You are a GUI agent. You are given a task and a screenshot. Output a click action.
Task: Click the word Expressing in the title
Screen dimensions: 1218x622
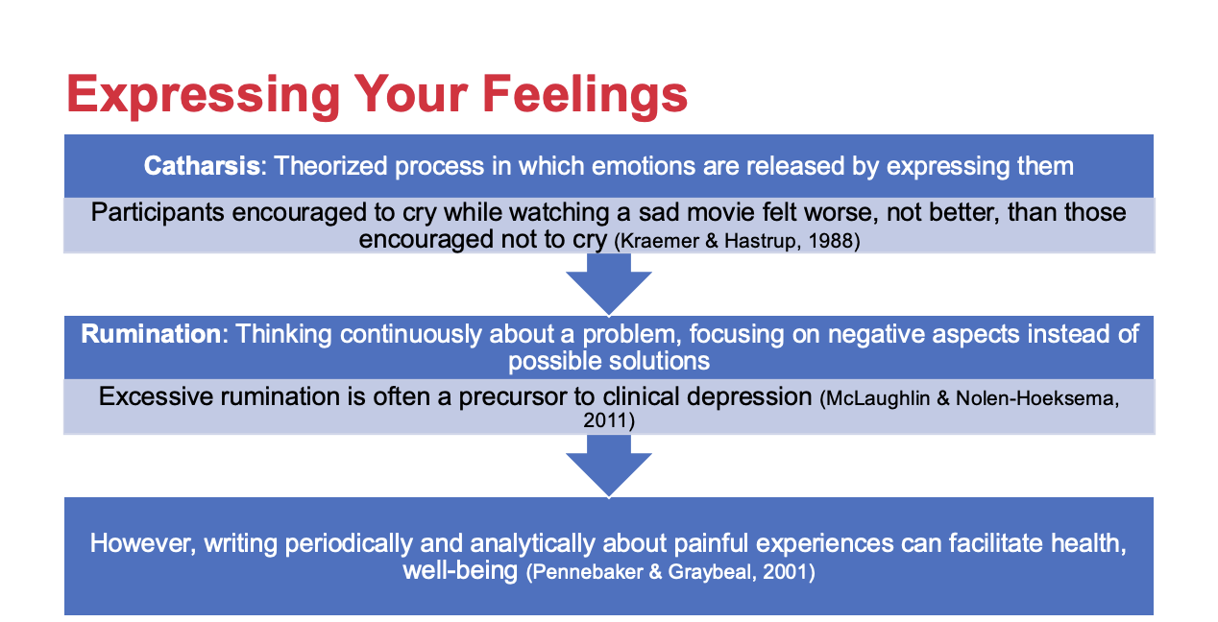[x=204, y=96]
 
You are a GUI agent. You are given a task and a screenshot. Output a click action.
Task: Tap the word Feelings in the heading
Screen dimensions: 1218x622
[x=585, y=96]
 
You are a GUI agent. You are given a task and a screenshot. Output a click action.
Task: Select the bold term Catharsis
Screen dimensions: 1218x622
[x=202, y=166]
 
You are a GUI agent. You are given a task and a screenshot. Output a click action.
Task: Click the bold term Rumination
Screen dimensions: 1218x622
[x=151, y=333]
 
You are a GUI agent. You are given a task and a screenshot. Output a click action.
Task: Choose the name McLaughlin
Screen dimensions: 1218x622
[x=878, y=398]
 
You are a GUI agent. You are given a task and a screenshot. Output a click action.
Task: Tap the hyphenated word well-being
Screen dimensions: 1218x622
[x=460, y=571]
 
